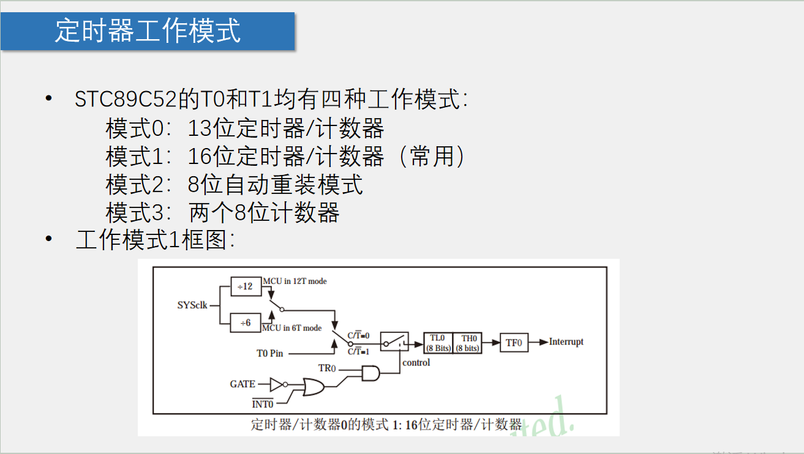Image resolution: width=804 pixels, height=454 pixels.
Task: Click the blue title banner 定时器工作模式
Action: (x=148, y=31)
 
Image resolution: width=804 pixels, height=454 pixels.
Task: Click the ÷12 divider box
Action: (x=246, y=286)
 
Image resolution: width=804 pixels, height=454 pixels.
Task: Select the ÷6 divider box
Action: (x=246, y=322)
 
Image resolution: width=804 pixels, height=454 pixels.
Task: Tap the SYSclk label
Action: (x=192, y=305)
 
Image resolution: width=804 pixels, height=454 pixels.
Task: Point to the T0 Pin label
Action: (x=270, y=353)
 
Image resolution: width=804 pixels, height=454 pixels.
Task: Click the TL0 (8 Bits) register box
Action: (x=438, y=343)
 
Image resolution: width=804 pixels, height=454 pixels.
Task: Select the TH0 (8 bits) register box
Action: (x=468, y=343)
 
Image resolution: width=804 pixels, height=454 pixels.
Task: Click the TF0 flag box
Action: (x=513, y=343)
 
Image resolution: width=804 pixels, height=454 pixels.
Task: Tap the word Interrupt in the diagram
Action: (x=566, y=341)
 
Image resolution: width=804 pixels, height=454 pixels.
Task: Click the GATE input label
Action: (x=242, y=384)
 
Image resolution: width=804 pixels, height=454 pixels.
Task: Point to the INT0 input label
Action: (x=263, y=404)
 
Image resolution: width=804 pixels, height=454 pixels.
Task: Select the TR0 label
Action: (x=327, y=368)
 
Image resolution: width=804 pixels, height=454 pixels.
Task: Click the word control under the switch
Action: (x=416, y=362)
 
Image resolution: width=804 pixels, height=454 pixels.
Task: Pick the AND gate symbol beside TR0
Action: (x=370, y=373)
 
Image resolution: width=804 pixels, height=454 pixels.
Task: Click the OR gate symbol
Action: (x=314, y=387)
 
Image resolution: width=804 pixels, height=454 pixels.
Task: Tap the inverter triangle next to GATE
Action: (x=277, y=384)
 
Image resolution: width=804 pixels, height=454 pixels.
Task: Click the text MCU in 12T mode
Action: (x=295, y=281)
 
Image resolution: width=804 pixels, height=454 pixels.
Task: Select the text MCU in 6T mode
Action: (x=291, y=328)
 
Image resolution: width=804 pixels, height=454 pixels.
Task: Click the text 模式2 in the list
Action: (x=135, y=184)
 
